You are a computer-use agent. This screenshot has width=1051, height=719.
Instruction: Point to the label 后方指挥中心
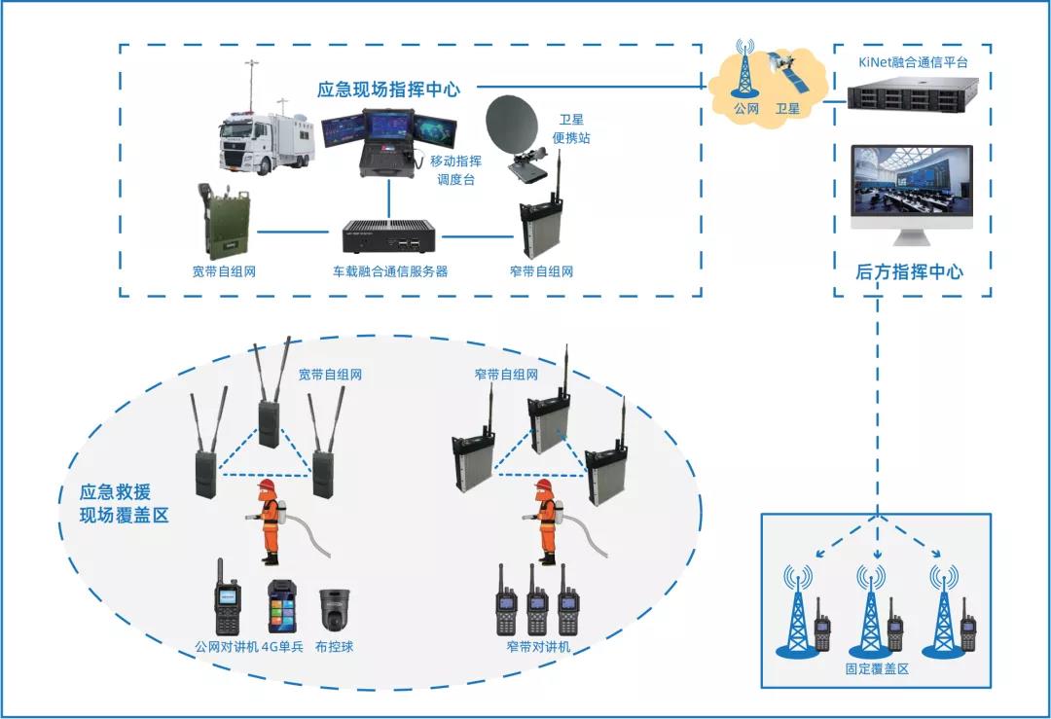(909, 272)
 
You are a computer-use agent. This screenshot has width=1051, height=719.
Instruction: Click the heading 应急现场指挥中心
(388, 90)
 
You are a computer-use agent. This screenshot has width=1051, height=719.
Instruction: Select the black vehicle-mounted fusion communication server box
(389, 235)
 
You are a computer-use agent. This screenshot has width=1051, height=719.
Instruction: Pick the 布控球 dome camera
(335, 609)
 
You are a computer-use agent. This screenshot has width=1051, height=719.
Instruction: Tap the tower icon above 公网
(745, 68)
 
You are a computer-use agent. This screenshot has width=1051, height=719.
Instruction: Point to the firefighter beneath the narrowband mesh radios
(546, 521)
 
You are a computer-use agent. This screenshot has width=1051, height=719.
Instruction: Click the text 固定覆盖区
(876, 669)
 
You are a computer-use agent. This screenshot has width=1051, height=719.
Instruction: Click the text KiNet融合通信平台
(913, 62)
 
